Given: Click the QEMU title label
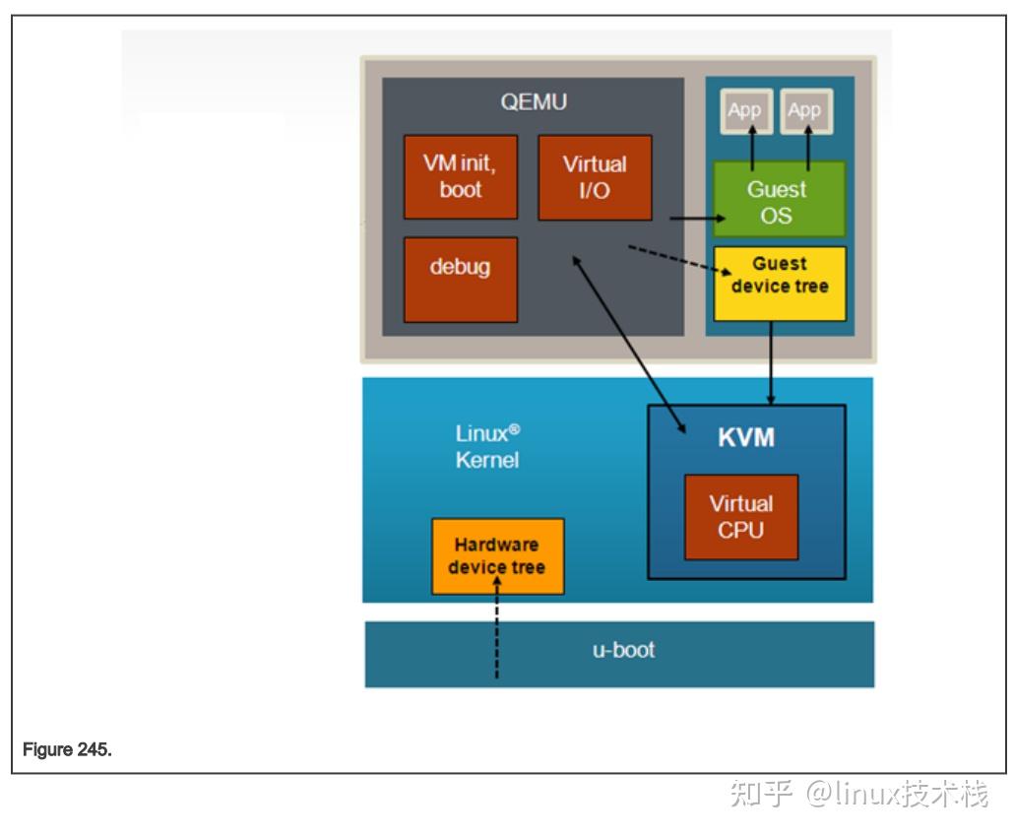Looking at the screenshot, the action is (534, 102).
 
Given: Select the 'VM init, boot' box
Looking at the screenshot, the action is (461, 176).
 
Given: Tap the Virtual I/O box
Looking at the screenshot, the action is (595, 177).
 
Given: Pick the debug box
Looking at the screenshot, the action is (461, 280).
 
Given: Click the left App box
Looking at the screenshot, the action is (746, 111).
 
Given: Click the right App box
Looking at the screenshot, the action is (805, 111).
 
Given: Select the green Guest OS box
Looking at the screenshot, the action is (780, 200).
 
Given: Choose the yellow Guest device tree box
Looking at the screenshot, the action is (780, 284).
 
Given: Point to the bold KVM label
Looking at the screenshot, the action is (745, 437).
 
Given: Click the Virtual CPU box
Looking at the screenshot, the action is (741, 517).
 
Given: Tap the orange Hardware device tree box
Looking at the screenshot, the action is (497, 556).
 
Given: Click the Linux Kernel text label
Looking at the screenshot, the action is (487, 446).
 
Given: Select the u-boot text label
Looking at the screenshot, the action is (623, 650).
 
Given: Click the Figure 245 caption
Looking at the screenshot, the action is (67, 749).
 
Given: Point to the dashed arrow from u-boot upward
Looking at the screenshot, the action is (496, 627).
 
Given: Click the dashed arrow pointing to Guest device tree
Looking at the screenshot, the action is (680, 260).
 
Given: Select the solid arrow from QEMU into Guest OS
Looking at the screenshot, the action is (698, 219).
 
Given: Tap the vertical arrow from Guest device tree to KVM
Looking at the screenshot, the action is (770, 363).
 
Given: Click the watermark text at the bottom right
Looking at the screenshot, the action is (859, 794).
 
